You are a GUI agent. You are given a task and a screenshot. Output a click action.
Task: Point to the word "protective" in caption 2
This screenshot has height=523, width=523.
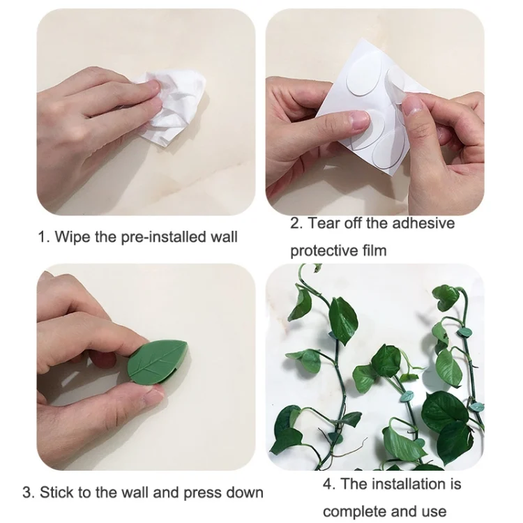pyautogui.click(x=324, y=250)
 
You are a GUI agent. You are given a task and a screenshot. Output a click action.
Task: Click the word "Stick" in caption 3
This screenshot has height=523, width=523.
pyautogui.click(x=56, y=493)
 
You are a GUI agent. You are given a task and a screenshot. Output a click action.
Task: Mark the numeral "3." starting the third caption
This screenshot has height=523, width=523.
pyautogui.click(x=29, y=493)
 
